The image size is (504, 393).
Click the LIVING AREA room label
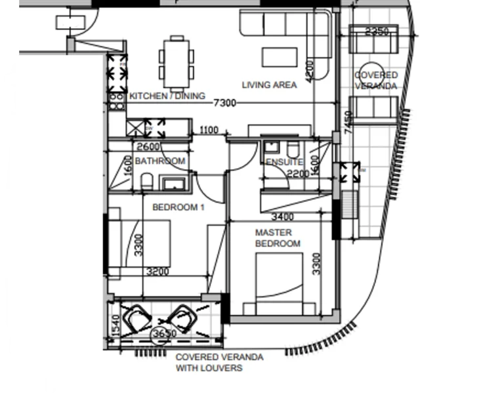[x=269, y=85]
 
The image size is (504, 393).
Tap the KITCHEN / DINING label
[x=167, y=96]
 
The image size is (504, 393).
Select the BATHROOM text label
[x=160, y=161]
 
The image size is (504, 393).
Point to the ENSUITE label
[x=284, y=162]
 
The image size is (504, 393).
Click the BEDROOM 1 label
[x=178, y=207]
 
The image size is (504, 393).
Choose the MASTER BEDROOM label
[x=278, y=238]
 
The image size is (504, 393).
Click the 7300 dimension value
[x=224, y=103]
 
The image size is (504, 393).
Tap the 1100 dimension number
[x=209, y=130]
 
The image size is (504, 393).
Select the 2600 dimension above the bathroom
[x=148, y=146]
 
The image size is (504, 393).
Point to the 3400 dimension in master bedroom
[x=283, y=217]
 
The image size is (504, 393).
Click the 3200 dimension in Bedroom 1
[x=157, y=272]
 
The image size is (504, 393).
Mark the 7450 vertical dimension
[x=348, y=123]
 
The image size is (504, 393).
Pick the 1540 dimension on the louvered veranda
[x=116, y=325]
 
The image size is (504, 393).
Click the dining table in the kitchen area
[x=177, y=63]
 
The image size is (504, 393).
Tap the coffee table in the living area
[x=280, y=57]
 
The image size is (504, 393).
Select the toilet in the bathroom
[x=146, y=182]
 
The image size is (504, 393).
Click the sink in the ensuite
[x=271, y=148]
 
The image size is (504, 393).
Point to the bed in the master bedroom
[x=280, y=283]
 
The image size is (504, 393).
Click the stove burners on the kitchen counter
[x=117, y=102]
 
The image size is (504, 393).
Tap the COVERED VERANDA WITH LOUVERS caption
[x=220, y=362]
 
